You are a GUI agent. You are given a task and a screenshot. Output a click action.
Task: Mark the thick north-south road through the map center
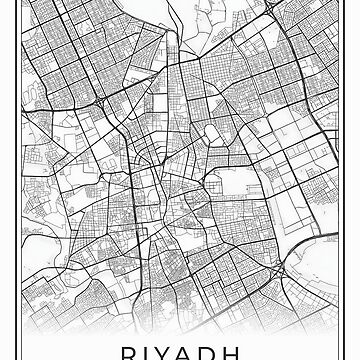171,150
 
